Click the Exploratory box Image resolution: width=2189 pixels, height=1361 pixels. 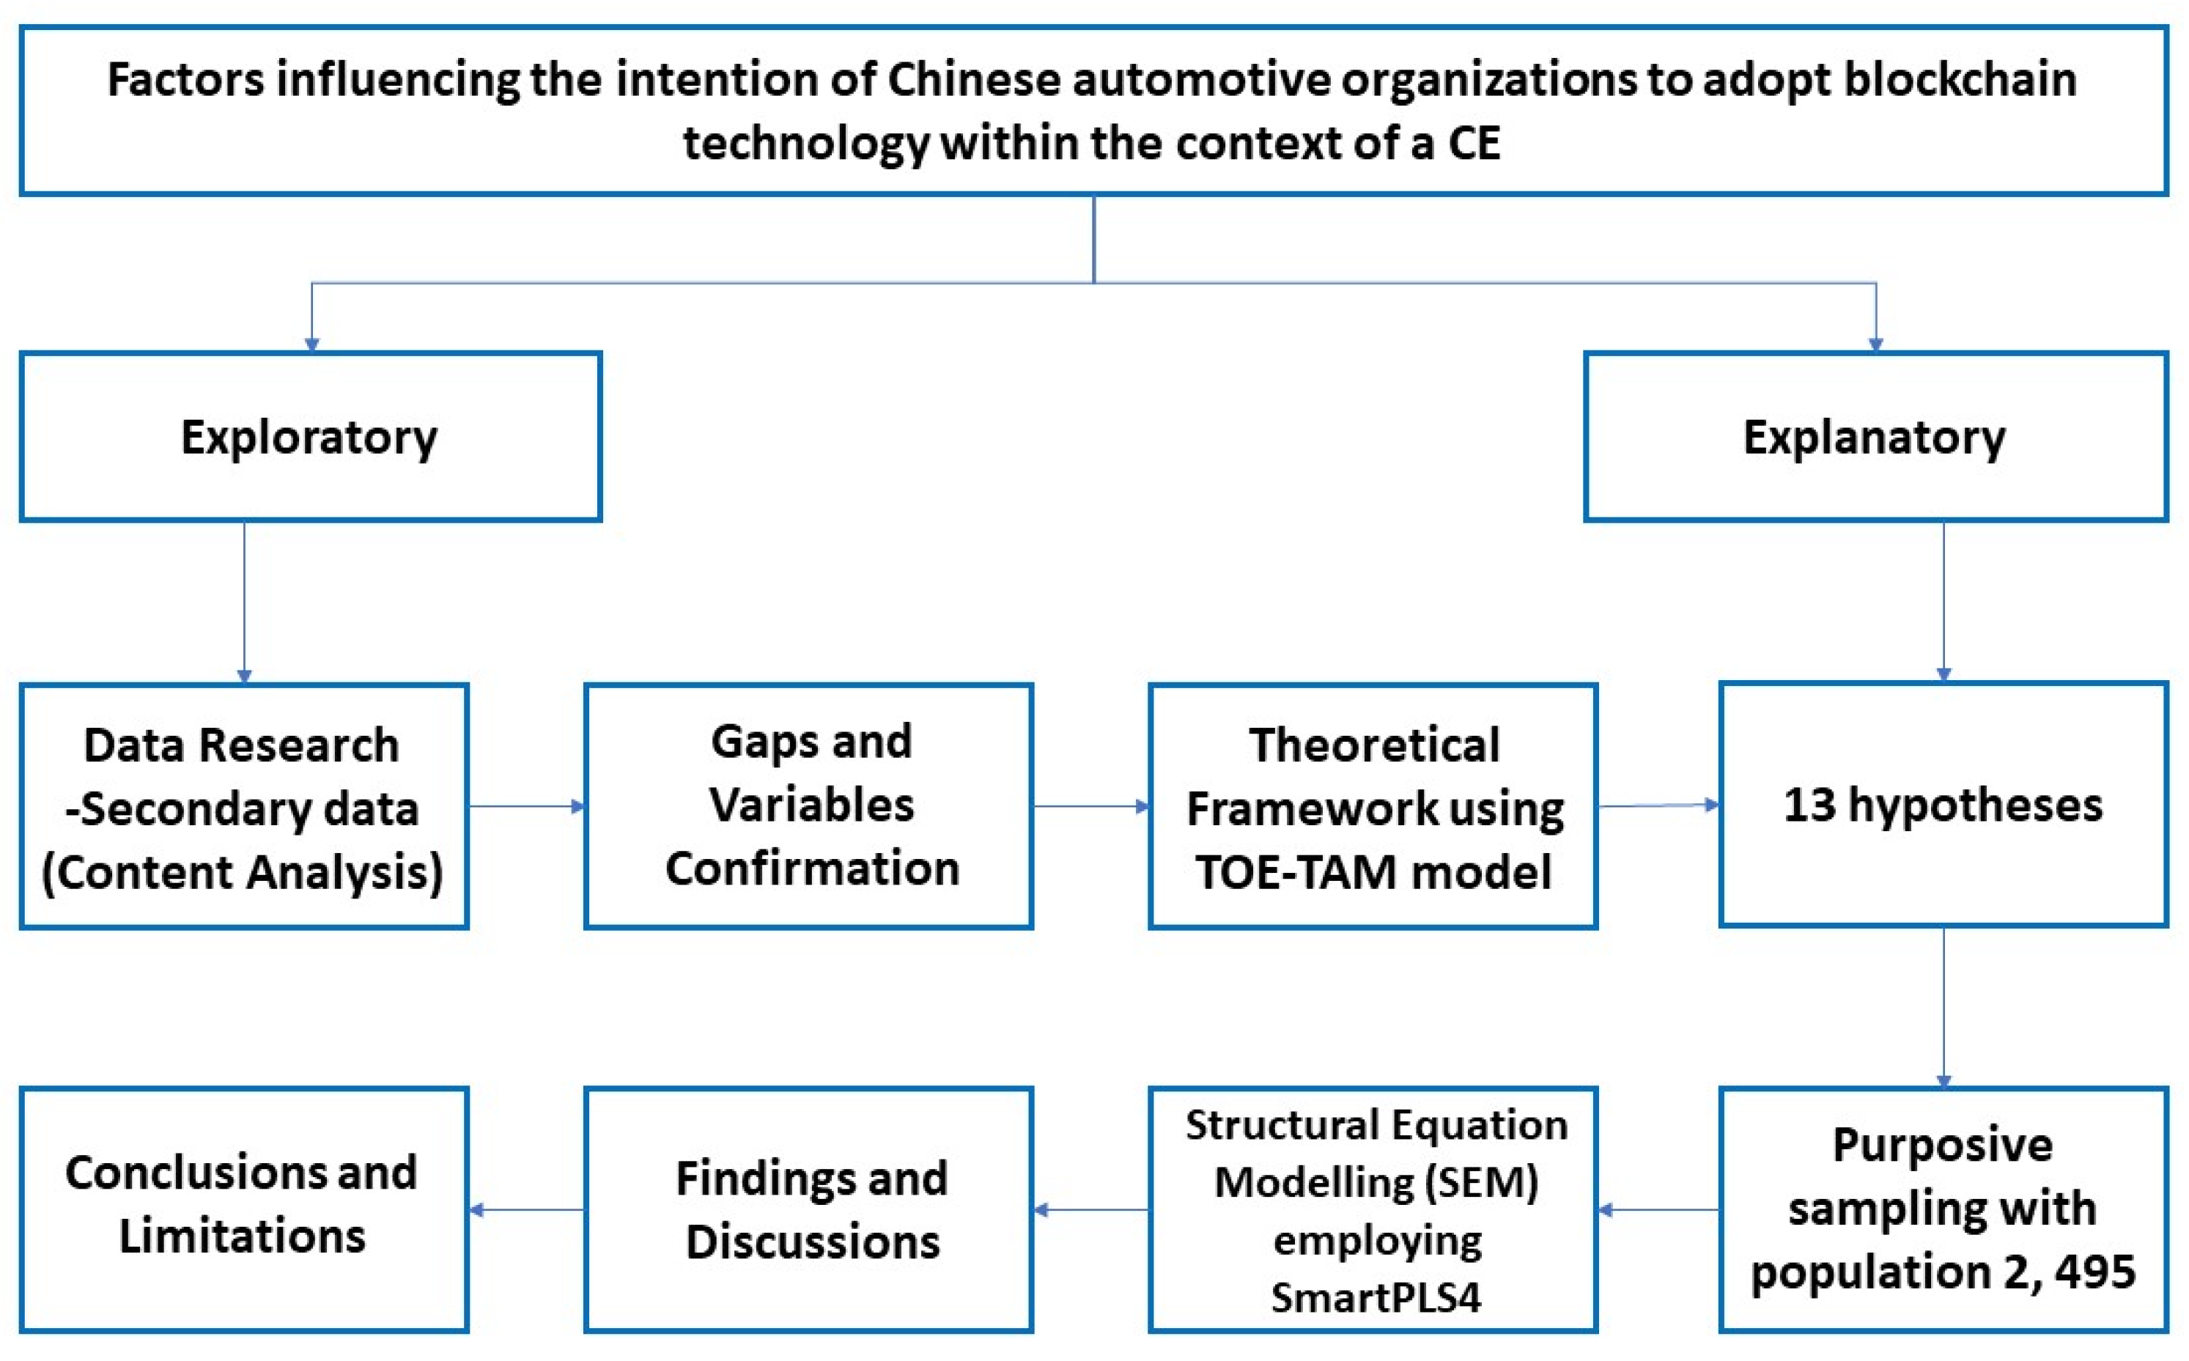click(311, 437)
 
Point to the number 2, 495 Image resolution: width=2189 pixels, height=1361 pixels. click(2070, 1271)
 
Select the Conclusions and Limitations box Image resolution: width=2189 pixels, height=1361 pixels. click(243, 1209)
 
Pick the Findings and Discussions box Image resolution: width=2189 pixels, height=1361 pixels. click(808, 1209)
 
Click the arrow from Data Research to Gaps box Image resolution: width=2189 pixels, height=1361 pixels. click(527, 805)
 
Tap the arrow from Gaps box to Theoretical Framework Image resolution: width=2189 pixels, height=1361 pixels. click(1091, 805)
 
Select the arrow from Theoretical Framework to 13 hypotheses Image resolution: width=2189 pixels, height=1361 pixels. click(1658, 805)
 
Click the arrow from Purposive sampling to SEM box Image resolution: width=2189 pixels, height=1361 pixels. click(1658, 1209)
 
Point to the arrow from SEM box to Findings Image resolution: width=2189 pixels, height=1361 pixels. click(1091, 1209)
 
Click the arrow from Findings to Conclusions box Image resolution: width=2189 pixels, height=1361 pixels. click(527, 1209)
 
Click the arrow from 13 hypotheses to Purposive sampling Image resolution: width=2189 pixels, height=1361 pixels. click(1943, 1006)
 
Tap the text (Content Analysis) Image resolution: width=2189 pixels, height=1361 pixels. click(243, 871)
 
